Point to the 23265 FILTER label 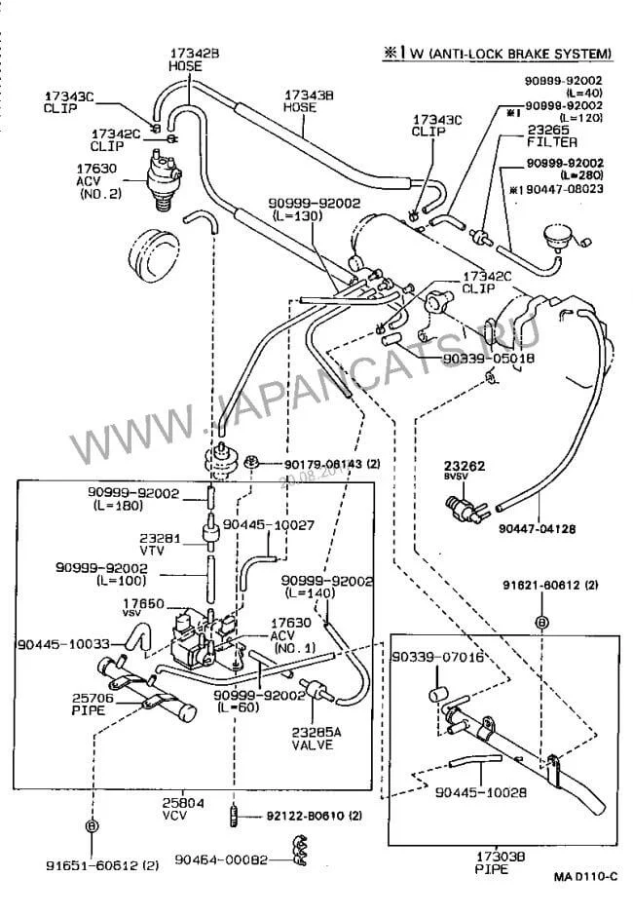(x=552, y=134)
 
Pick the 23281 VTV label (x=156, y=542)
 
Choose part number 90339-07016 (x=437, y=658)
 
